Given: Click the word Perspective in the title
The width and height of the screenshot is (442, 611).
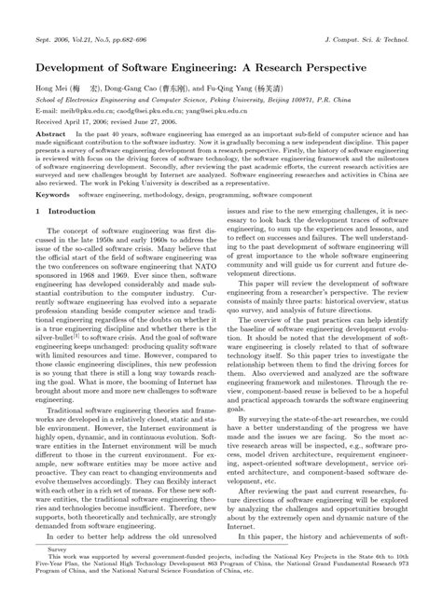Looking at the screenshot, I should tap(324, 69).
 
